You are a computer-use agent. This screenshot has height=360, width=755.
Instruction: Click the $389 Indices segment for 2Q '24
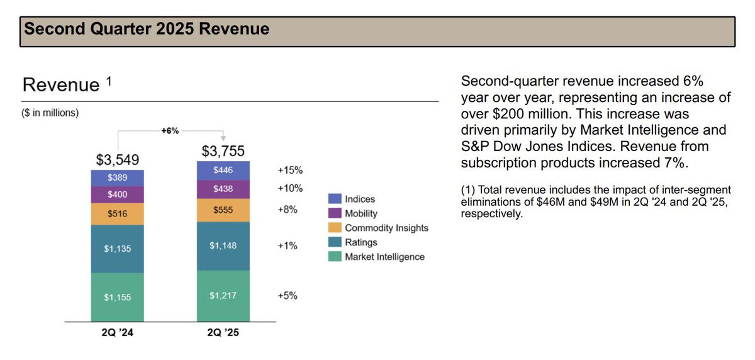117,178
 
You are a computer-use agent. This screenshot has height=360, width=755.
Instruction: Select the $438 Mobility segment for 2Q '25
223,189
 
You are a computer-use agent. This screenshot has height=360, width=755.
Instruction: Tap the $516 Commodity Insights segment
117,214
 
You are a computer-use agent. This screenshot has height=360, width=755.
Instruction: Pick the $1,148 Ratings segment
223,245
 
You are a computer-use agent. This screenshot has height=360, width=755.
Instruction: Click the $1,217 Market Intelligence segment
223,295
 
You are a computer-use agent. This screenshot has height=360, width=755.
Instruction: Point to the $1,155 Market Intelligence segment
117,297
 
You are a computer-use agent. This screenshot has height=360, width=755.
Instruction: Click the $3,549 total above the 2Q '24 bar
118,159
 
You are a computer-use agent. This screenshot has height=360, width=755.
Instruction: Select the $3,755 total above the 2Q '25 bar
223,151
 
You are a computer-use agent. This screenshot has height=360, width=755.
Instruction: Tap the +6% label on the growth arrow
170,131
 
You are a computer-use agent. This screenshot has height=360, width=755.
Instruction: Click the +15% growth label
290,170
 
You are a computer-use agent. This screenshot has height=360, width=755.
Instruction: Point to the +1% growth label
288,245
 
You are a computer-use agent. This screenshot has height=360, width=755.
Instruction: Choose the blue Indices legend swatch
335,199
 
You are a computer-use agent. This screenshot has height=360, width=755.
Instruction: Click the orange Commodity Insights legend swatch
335,228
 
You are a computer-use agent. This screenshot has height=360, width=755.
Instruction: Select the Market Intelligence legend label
384,257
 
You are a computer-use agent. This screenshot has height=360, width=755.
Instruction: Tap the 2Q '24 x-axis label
117,333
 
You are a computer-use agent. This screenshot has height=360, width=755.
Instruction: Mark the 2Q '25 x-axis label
223,333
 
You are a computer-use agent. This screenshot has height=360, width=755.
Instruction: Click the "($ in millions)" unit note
51,113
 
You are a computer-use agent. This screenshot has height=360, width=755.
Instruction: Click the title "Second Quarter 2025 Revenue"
147,29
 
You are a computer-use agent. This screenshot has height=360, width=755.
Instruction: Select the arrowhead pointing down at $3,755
223,138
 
